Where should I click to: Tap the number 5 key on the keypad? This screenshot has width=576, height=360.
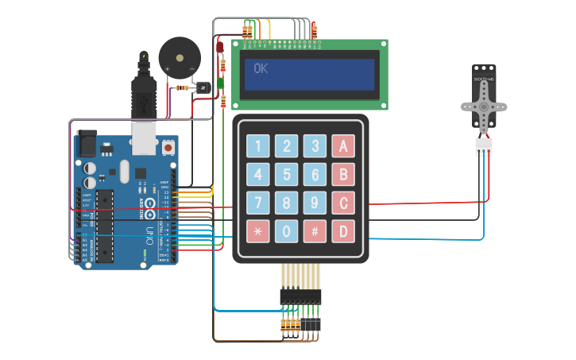(x=287, y=174)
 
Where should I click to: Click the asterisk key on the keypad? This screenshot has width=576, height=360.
(x=258, y=231)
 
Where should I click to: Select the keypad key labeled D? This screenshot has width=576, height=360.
(x=343, y=231)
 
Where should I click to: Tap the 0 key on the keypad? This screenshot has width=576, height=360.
(x=287, y=231)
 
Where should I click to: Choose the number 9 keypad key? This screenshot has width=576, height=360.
(x=315, y=203)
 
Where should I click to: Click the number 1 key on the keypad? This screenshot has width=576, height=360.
(x=258, y=145)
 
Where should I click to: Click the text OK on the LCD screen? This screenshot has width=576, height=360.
(x=261, y=68)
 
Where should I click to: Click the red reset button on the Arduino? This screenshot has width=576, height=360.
(x=168, y=147)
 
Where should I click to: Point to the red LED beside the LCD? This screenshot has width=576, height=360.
(x=220, y=48)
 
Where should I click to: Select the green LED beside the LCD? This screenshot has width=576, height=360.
(x=220, y=82)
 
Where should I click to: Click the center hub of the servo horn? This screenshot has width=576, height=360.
(x=484, y=106)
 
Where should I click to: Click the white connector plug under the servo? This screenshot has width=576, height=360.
(x=484, y=146)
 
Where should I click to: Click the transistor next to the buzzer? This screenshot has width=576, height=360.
(x=204, y=86)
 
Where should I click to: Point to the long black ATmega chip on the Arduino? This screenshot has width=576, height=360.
(x=104, y=226)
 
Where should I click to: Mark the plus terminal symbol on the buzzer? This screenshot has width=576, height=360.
(x=167, y=70)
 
